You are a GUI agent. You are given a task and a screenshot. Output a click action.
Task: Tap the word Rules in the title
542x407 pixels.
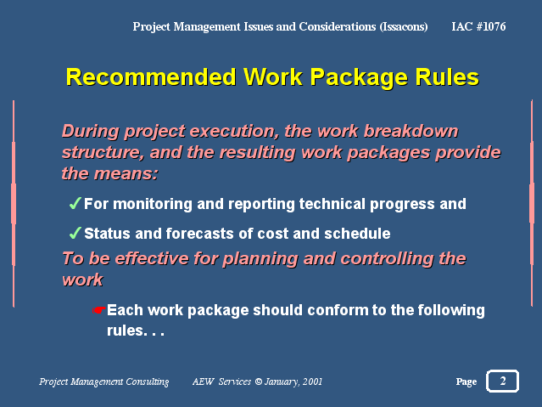point(447,77)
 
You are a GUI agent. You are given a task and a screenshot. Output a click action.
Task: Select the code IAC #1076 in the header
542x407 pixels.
point(478,26)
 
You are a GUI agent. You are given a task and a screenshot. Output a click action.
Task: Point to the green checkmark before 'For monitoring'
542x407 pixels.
point(75,203)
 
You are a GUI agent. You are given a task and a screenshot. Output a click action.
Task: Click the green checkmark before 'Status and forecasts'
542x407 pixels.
point(75,233)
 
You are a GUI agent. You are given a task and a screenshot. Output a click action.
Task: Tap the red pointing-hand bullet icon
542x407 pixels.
point(99,310)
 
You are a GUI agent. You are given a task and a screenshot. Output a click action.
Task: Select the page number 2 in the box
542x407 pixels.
point(503,381)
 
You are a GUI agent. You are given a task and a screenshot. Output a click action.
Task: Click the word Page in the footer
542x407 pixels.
point(467,382)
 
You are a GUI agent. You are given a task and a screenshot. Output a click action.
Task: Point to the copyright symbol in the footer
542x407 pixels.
point(258,382)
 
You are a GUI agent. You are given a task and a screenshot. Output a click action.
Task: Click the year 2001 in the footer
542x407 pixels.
point(312,382)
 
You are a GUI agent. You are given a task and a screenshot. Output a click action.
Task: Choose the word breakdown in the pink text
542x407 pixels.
point(411,132)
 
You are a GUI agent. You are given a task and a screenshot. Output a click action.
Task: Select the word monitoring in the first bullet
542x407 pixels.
point(153,204)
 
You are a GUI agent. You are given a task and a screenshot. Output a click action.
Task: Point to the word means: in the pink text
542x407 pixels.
point(126,174)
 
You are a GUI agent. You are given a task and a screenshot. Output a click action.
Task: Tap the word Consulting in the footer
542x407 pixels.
point(148,382)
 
